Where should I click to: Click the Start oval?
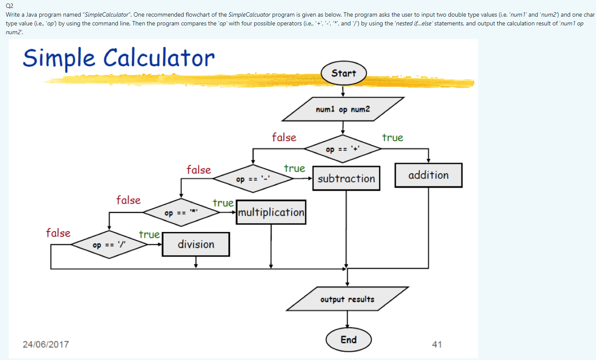(344, 74)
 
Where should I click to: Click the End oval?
(349, 340)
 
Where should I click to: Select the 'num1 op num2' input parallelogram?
(343, 109)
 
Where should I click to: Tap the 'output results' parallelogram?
(347, 299)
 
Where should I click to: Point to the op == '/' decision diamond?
(110, 245)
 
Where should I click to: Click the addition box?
(428, 175)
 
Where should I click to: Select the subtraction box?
(346, 178)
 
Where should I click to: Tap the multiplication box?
(271, 212)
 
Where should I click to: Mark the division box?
(196, 244)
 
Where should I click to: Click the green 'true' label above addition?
(392, 138)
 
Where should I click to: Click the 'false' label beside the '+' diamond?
(284, 138)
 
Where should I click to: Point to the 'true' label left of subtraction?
(294, 168)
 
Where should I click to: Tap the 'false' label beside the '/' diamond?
(58, 233)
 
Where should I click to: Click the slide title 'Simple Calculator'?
(119, 58)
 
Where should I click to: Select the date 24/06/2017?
(46, 344)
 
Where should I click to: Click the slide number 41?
(437, 344)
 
